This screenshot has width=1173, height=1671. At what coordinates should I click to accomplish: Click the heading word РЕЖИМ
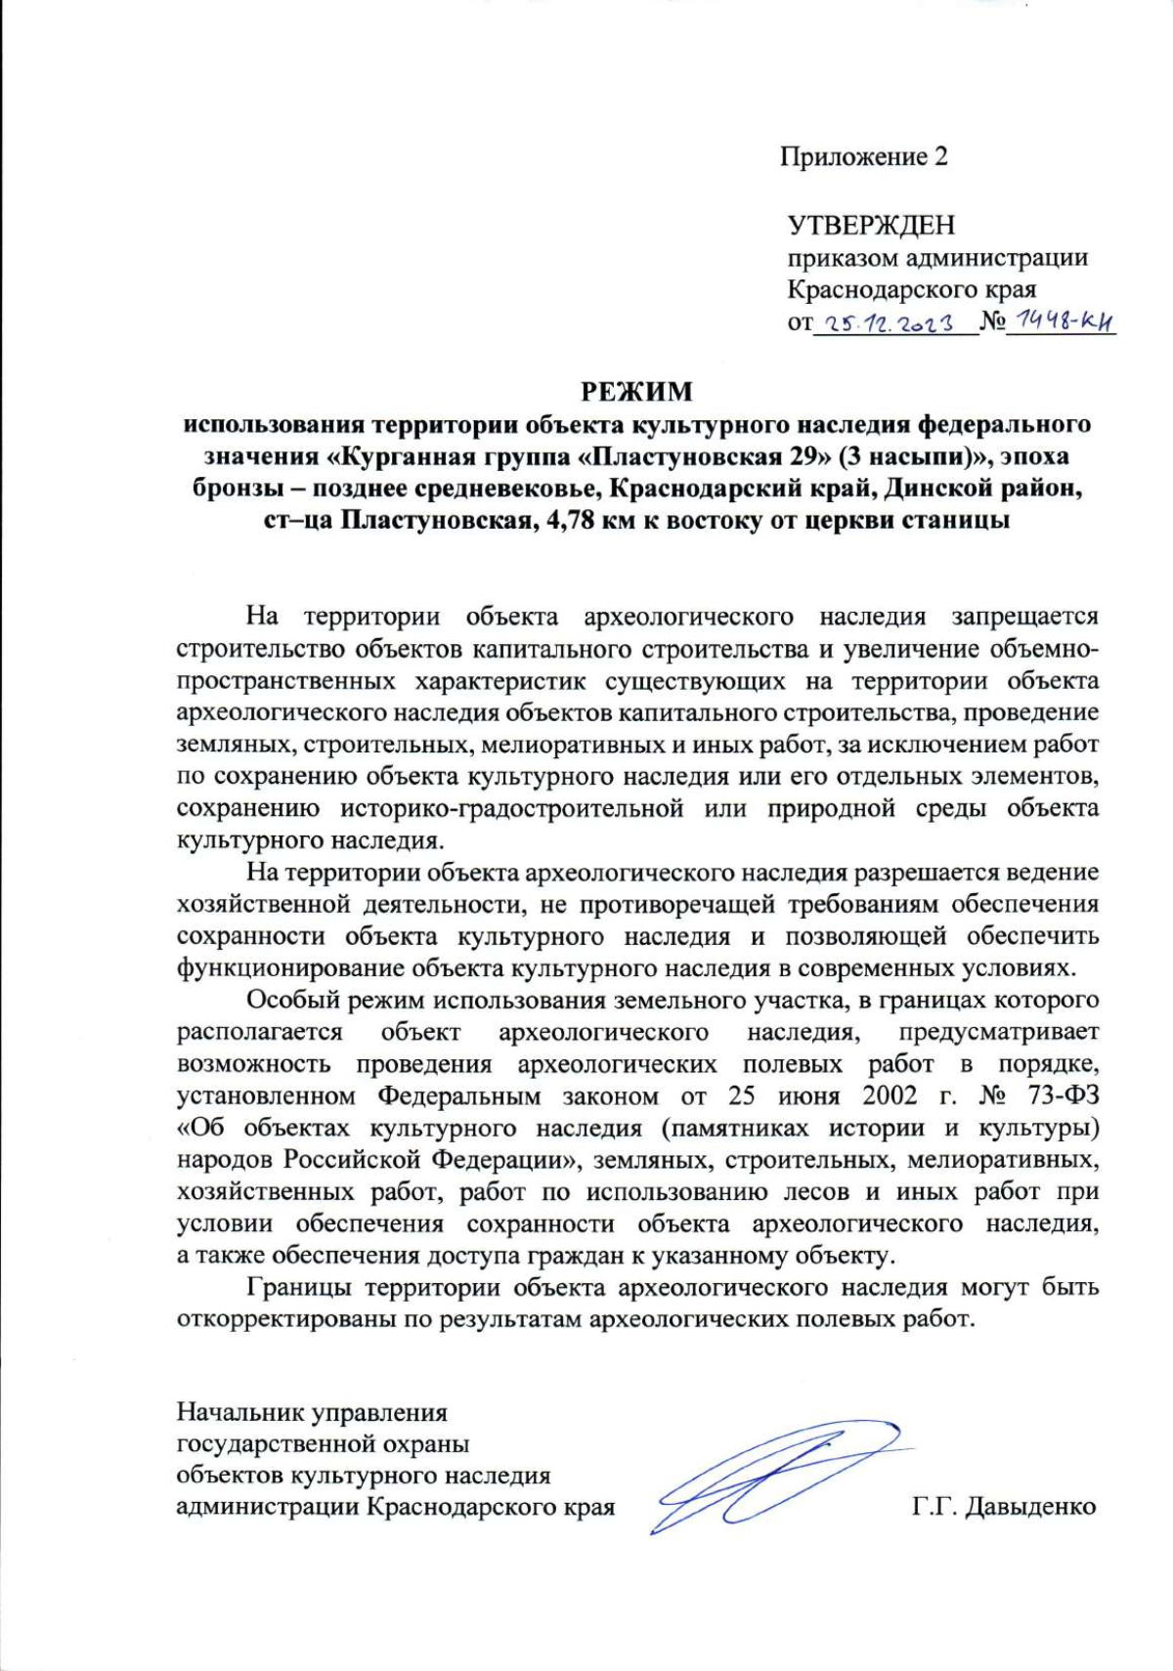pos(636,392)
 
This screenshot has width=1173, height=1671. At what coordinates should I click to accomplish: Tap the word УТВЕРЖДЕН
pos(871,226)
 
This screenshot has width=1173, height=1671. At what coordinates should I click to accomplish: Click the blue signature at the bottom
pos(772,1476)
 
